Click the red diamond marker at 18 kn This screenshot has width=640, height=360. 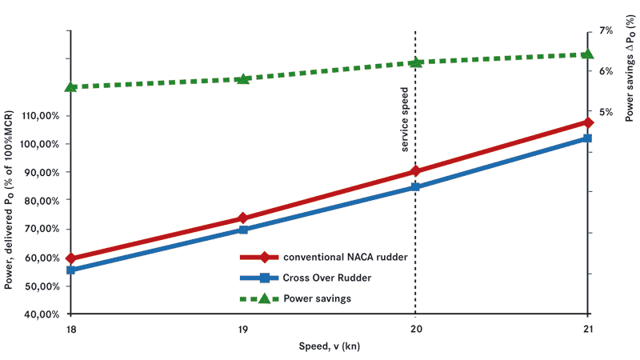(71, 258)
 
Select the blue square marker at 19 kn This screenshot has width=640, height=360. (243, 230)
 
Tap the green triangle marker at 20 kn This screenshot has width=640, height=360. (415, 62)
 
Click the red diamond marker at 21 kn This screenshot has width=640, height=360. (588, 122)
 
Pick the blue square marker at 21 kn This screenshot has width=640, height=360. (588, 138)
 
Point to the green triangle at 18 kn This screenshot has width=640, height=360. (71, 86)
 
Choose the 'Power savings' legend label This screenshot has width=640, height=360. (318, 298)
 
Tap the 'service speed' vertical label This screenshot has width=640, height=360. (406, 119)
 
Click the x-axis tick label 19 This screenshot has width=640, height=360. (243, 329)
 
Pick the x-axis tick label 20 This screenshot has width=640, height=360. (415, 329)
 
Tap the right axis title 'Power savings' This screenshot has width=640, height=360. (630, 76)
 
